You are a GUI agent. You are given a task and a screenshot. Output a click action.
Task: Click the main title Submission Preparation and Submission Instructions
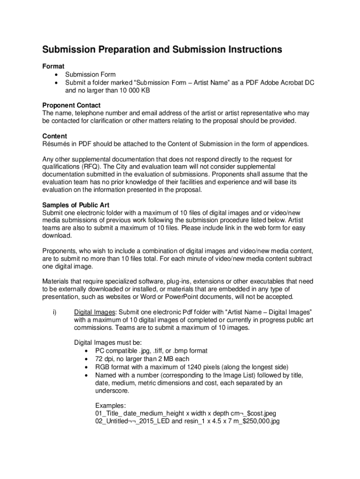162,50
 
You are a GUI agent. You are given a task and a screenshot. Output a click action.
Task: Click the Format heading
53,66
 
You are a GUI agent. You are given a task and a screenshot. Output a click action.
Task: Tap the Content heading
55,136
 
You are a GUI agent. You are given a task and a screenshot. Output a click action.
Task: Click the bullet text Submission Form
90,74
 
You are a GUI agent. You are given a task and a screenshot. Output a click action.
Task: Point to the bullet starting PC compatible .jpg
151,350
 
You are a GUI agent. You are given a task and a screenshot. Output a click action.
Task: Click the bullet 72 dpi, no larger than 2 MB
142,359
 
